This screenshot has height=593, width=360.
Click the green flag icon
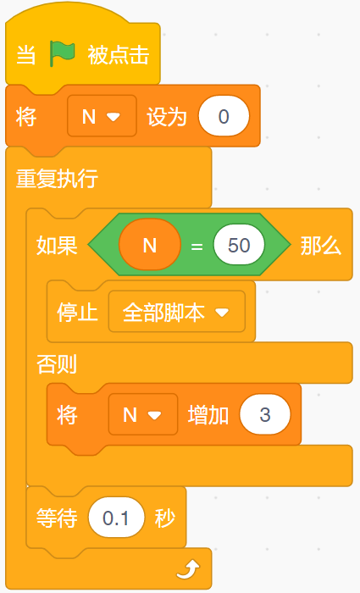(63, 54)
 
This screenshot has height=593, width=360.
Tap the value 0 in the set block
(224, 116)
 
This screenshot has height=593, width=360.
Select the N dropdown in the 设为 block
(102, 116)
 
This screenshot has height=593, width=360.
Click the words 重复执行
(57, 178)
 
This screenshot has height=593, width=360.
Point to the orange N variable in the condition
(150, 245)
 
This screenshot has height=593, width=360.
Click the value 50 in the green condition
(239, 245)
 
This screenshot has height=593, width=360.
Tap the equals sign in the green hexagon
(197, 247)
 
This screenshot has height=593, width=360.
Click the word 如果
(57, 246)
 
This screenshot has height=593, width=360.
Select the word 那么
(321, 246)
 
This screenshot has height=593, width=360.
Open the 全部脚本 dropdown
(177, 312)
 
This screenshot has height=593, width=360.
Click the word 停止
(78, 313)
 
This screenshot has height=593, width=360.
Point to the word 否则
(57, 363)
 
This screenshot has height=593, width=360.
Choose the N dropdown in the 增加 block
(143, 414)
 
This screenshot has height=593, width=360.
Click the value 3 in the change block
(265, 414)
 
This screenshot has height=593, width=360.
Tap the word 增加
(208, 415)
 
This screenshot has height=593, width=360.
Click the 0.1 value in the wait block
(117, 518)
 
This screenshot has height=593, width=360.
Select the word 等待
(57, 518)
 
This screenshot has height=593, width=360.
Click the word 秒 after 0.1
(165, 518)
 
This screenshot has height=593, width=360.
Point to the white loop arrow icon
(189, 569)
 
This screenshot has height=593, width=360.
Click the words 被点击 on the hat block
(119, 54)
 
